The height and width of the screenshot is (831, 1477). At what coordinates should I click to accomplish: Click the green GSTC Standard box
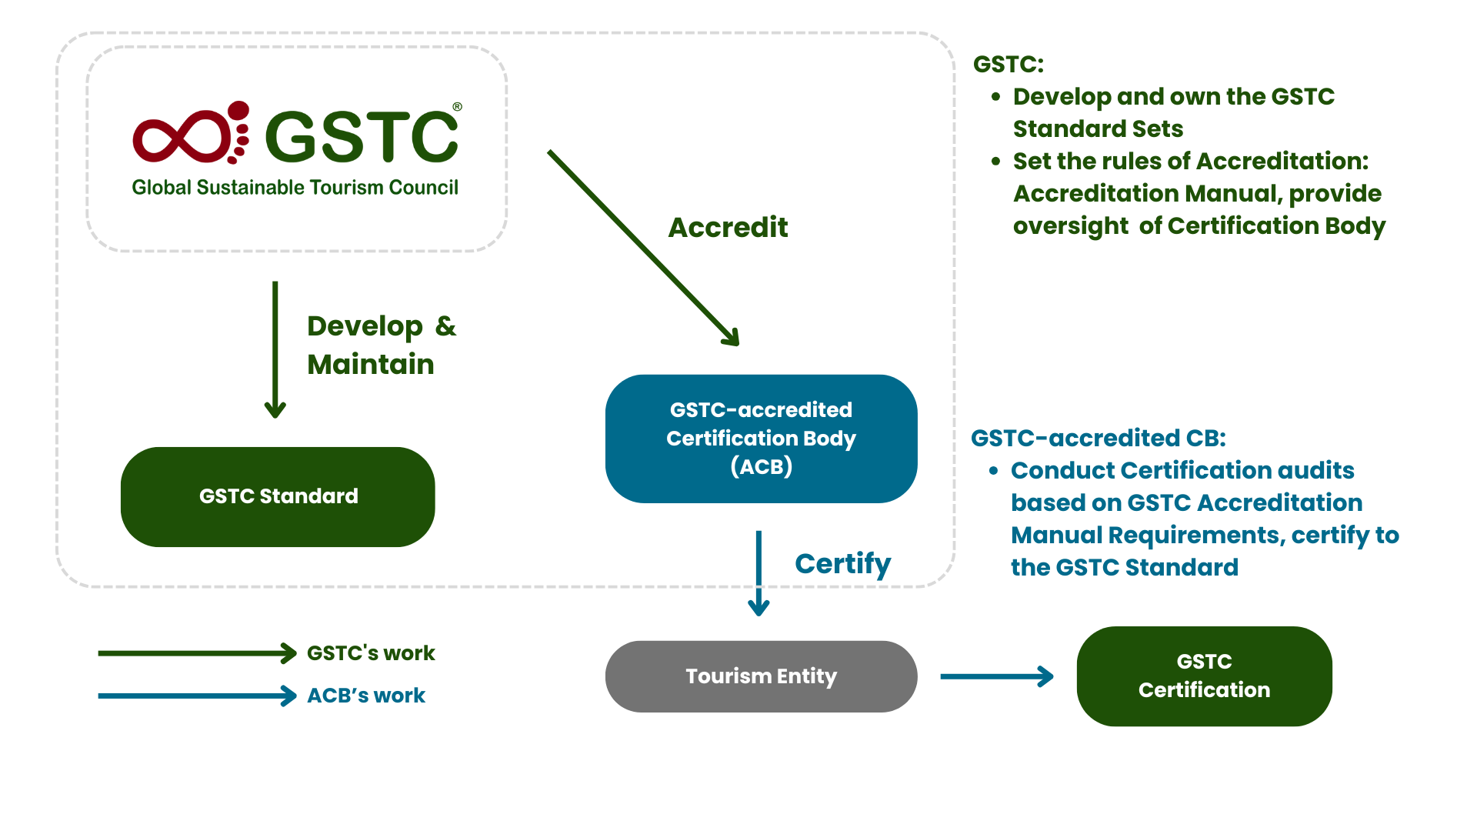tap(278, 496)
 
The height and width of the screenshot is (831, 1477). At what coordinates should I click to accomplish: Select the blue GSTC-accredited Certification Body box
tap(761, 439)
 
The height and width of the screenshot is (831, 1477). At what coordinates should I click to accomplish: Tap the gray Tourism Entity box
tap(761, 676)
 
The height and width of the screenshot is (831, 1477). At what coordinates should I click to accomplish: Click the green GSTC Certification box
tap(1204, 676)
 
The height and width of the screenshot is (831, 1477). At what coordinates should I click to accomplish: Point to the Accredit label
tap(728, 228)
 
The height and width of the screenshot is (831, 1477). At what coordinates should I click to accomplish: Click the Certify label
tap(842, 564)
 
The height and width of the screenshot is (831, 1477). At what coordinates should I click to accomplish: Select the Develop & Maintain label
tap(381, 345)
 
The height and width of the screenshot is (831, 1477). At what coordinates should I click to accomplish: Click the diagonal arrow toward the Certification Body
tap(642, 247)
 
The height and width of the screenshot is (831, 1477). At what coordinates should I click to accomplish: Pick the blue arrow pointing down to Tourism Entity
tap(759, 573)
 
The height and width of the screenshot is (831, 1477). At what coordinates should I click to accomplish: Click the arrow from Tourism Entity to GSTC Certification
tap(996, 677)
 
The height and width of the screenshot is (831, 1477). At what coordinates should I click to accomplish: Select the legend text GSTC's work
tap(371, 653)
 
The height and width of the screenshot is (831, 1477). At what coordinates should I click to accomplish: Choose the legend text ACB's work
tap(366, 696)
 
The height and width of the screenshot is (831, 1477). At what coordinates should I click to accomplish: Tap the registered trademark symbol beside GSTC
tap(457, 107)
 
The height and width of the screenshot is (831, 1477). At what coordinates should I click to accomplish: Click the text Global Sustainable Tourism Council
tap(295, 188)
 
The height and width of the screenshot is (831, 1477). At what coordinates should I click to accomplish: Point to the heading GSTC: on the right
tap(1008, 64)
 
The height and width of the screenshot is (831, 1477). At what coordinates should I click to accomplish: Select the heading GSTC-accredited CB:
tap(1098, 438)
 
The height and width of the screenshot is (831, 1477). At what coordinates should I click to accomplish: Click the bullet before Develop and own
tap(996, 97)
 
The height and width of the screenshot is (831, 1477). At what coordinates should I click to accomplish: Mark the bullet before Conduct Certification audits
tap(994, 470)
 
